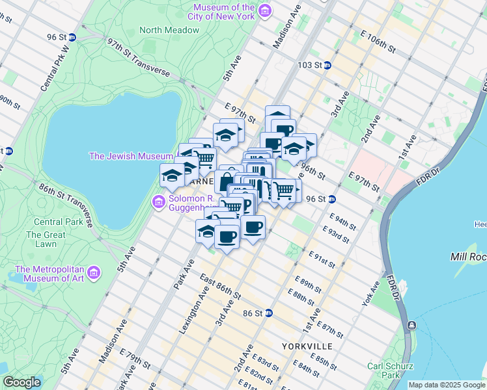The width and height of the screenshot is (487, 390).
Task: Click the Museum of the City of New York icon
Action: pyautogui.click(x=264, y=11)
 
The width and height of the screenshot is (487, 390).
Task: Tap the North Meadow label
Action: pyautogui.click(x=169, y=30)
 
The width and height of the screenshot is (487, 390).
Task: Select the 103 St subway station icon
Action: pyautogui.click(x=327, y=65)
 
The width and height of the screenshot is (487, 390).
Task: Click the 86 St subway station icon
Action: pyautogui.click(x=268, y=313)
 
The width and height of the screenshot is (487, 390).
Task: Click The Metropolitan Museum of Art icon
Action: pyautogui.click(x=94, y=272)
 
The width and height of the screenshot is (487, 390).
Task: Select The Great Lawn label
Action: pyautogui.click(x=46, y=239)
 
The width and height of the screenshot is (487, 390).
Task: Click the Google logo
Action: pyautogui.click(x=21, y=382)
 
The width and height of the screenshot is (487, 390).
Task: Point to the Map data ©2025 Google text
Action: pyautogui.click(x=447, y=385)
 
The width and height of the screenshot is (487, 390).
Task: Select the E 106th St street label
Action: pyautogui.click(x=377, y=41)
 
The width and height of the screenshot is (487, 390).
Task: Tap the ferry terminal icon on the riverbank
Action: pyautogui.click(x=411, y=325)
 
